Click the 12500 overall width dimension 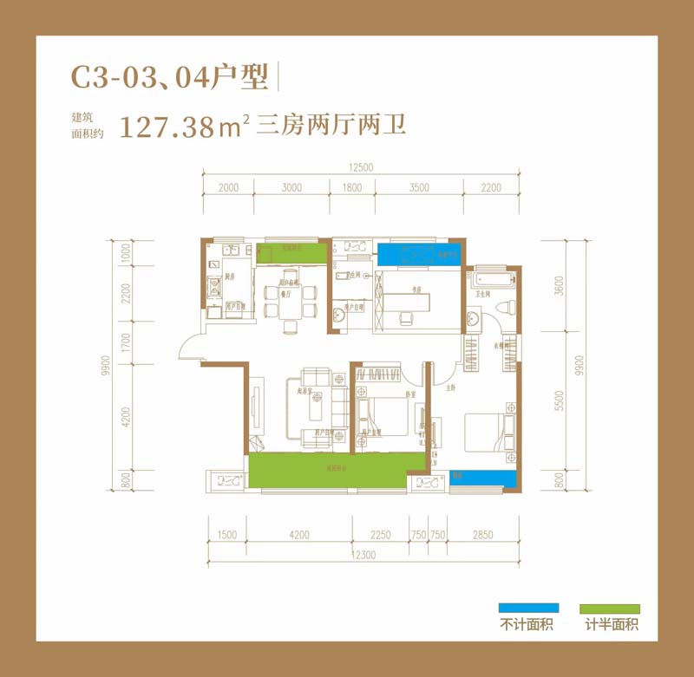click(362, 169)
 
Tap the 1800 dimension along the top click(352, 187)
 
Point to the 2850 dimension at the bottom click(484, 535)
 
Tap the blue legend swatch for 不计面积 click(528, 609)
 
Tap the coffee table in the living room click(317, 401)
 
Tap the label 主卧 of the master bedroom click(451, 388)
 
